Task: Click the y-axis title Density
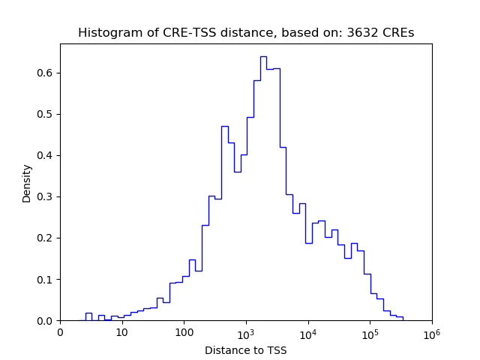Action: (x=27, y=183)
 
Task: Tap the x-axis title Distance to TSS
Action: (x=246, y=349)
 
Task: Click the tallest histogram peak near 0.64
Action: (x=263, y=57)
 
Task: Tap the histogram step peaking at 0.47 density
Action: (x=224, y=127)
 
